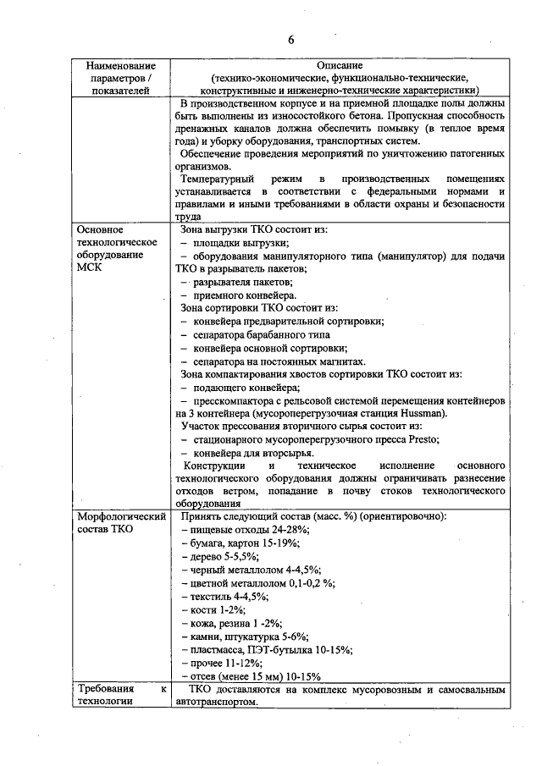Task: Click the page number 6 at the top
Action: [290, 40]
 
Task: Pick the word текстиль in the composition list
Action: [210, 596]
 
